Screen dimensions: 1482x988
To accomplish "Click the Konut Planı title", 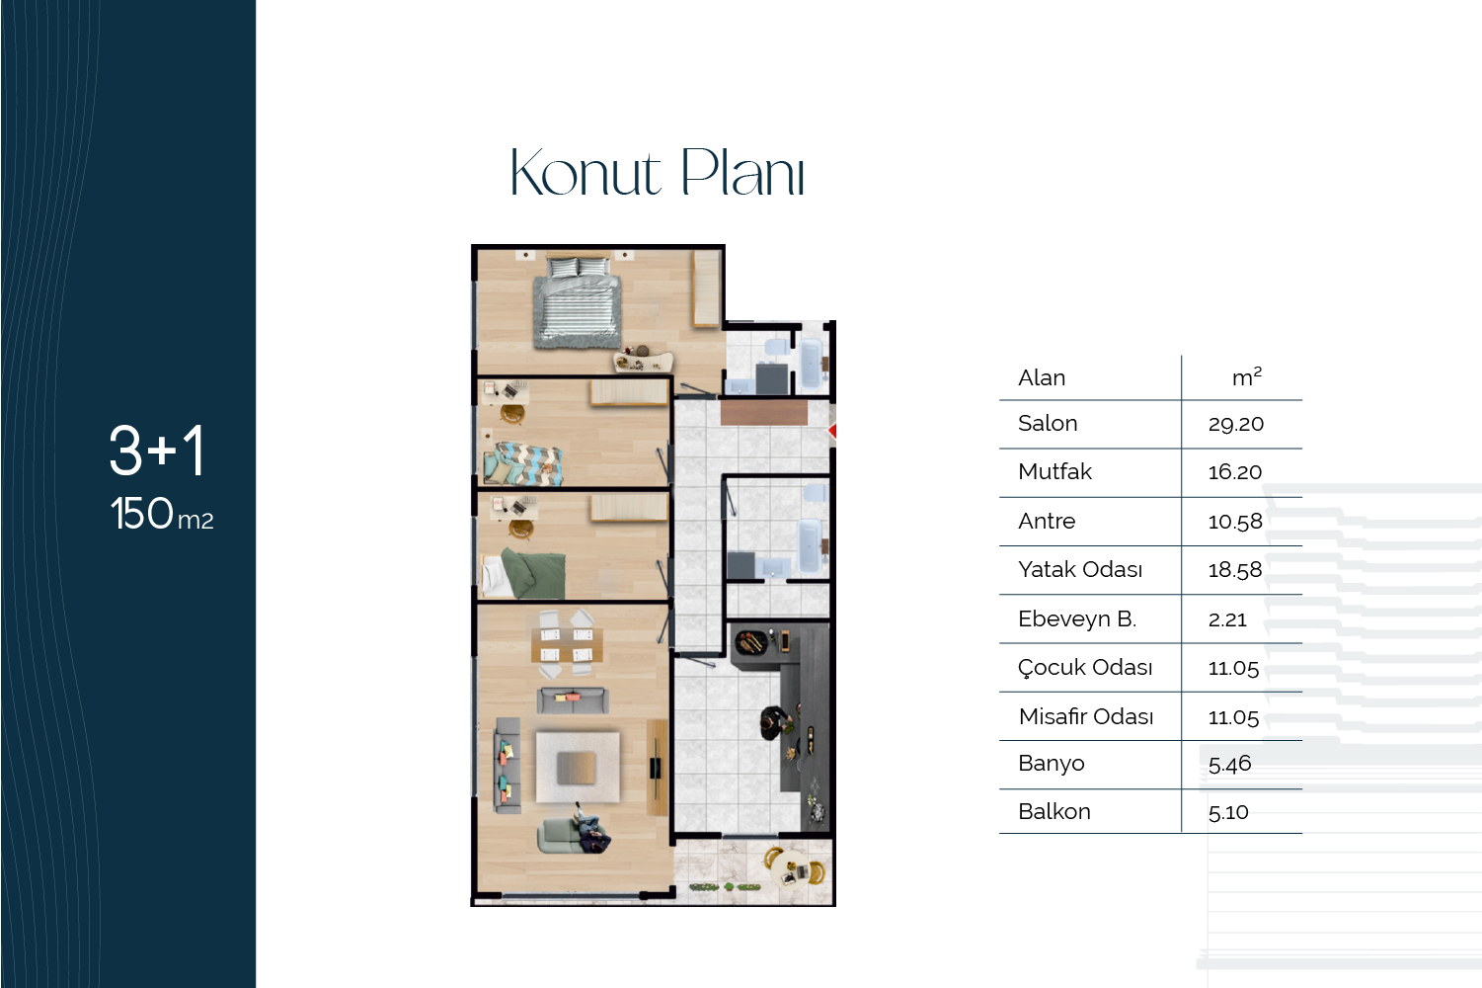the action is (658, 173).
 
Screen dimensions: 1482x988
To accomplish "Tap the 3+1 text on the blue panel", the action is (157, 451).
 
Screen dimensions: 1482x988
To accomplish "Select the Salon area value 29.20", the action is (1236, 424).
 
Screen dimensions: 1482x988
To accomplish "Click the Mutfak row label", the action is (1054, 471).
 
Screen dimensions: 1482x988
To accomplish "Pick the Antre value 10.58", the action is (1235, 521).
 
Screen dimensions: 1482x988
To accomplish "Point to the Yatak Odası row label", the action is (1080, 569).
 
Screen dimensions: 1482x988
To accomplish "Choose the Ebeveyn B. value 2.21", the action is (1227, 619).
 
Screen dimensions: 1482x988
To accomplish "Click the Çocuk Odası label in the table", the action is (1085, 668).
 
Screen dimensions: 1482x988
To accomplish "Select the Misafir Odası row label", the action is (1086, 716).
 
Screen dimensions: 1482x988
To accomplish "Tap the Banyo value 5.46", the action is (1230, 764).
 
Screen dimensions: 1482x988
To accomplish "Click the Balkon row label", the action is (1053, 811).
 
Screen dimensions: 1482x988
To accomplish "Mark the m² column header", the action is (1246, 376).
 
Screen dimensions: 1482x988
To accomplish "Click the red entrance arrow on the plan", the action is (832, 431).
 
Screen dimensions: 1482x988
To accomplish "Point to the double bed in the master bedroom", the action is (578, 301).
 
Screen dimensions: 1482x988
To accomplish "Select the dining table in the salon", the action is (567, 645).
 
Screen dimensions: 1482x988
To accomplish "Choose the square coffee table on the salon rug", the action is (577, 768).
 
